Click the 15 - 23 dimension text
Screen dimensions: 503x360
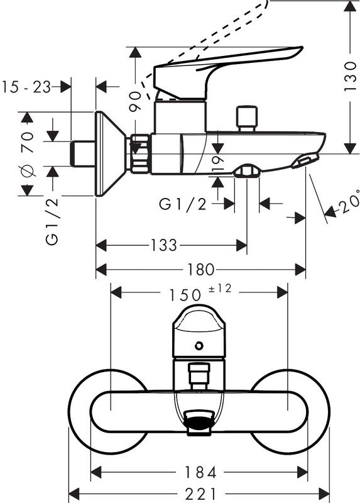(x=26, y=87)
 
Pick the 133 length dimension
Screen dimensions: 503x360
(x=164, y=245)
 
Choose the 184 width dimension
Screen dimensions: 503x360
(x=200, y=471)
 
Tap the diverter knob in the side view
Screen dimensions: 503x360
(x=246, y=118)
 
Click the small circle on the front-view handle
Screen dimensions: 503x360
(x=199, y=345)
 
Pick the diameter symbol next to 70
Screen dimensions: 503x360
(x=26, y=171)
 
